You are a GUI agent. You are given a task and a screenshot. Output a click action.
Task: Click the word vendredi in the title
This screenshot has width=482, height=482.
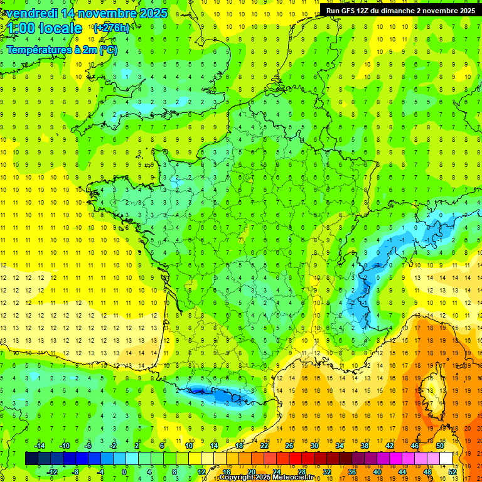(30, 13)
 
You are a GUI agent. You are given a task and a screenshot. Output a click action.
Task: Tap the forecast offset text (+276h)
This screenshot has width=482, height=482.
(111, 28)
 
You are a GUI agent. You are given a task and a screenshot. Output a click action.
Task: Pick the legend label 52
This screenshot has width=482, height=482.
(453, 472)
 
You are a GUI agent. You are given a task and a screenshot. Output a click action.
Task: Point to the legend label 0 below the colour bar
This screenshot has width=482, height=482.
(124, 472)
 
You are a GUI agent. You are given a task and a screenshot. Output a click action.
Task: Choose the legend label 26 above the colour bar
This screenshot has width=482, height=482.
(289, 446)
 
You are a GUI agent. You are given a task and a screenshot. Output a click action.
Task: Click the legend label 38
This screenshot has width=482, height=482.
(364, 446)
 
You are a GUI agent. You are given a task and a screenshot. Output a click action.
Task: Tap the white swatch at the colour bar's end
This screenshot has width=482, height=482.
(446, 459)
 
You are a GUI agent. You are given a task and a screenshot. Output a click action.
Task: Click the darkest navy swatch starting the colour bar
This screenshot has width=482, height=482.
(31, 459)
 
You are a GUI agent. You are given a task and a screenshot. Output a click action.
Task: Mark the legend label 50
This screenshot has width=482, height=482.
(440, 446)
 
